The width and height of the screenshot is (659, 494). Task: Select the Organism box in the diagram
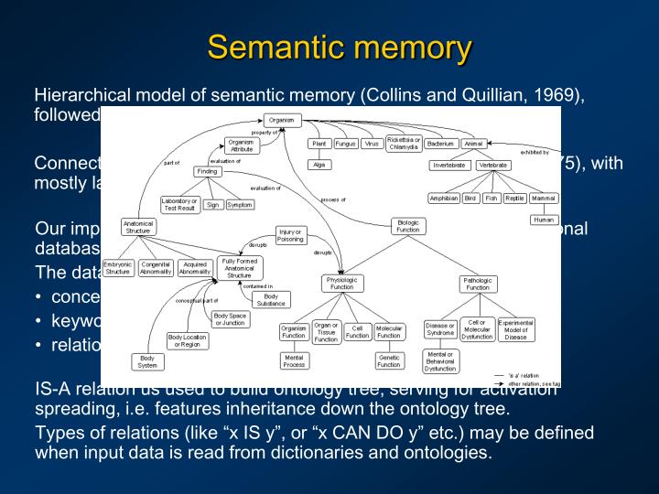(281, 119)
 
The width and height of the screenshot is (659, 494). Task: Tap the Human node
(544, 220)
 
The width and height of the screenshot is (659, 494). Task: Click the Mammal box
(544, 199)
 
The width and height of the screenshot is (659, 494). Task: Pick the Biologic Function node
(407, 226)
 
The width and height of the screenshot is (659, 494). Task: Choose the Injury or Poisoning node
(290, 235)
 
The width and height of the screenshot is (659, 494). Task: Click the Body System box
(146, 360)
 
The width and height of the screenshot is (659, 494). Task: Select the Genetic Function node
(389, 360)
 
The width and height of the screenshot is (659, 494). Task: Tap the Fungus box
(345, 144)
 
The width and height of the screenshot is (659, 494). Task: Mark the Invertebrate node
(449, 166)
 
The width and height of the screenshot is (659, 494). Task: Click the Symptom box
(239, 205)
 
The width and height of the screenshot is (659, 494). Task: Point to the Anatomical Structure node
(138, 227)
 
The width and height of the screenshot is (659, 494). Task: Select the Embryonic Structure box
(118, 267)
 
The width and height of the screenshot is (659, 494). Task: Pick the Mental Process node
(294, 360)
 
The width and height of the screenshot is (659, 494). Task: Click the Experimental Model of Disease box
(516, 329)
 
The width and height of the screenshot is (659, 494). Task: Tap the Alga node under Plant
(319, 165)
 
